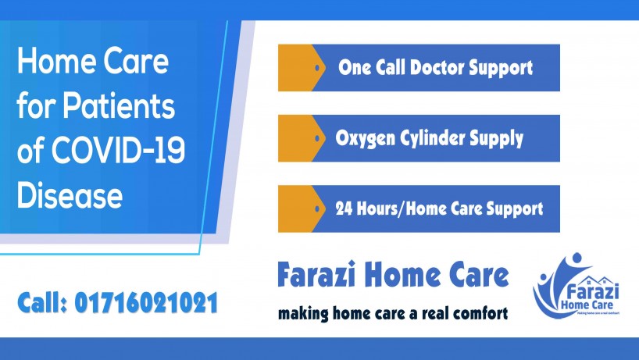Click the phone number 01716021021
146,303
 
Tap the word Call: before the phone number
42,303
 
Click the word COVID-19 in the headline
118,150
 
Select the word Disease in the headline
70,194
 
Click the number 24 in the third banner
344,209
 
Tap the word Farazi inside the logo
593,291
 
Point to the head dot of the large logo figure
577,257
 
